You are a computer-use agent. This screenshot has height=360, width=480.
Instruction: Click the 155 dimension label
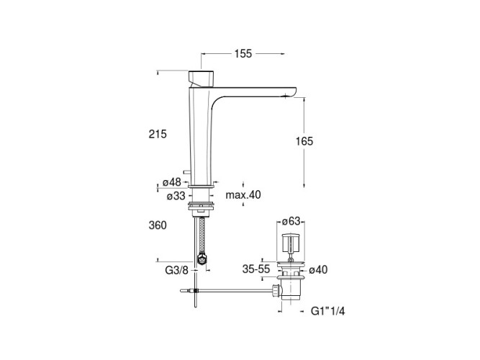243,53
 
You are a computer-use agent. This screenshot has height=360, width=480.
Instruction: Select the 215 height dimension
158,134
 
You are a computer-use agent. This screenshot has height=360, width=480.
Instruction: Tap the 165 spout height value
304,141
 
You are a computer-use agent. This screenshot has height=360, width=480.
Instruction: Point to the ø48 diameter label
172,182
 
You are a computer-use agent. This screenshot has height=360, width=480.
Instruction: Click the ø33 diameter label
176,195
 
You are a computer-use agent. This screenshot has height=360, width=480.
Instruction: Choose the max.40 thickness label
243,194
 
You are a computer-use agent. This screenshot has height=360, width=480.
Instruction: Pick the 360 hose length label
158,225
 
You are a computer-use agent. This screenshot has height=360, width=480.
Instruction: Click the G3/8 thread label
176,270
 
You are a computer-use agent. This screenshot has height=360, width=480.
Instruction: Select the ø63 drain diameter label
291,221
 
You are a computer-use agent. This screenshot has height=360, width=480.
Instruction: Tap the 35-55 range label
256,269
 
